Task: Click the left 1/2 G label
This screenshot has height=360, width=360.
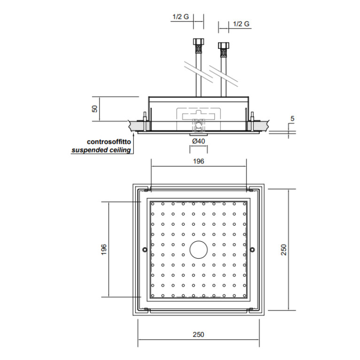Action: [181, 17]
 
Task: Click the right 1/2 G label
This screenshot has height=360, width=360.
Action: [241, 24]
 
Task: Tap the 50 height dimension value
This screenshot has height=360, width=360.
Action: [95, 109]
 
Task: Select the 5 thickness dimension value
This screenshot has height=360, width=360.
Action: [292, 118]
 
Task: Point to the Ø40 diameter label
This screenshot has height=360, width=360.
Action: [199, 141]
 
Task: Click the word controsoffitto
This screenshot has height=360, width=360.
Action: [109, 142]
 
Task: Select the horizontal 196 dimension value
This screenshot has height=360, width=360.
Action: [199, 161]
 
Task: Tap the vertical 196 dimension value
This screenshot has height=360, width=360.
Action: [104, 249]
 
